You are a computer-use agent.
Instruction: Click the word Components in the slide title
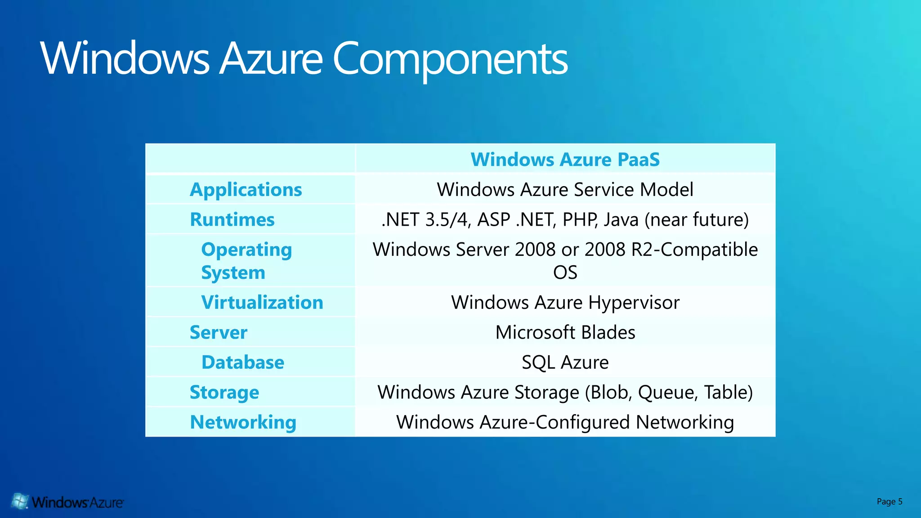[450, 58]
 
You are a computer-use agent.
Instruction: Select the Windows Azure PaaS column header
[565, 160]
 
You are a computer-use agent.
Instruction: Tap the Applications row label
[246, 190]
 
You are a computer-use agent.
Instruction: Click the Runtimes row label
[232, 220]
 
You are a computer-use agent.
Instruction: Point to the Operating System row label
[246, 261]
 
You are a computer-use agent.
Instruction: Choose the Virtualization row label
[262, 303]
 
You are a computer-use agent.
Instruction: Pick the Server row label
[219, 333]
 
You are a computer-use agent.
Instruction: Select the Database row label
[243, 362]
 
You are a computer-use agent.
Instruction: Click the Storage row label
[224, 393]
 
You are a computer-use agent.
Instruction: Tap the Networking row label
[243, 423]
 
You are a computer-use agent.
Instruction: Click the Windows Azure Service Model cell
[565, 190]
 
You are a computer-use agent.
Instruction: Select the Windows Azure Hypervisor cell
[565, 303]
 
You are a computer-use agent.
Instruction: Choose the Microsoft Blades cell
[565, 333]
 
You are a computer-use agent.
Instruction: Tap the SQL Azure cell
[565, 362]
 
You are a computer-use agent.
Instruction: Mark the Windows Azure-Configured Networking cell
[565, 423]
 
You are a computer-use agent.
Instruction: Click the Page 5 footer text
[889, 501]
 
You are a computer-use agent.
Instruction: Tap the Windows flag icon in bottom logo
[20, 501]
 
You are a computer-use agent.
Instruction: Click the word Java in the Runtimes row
[621, 220]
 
